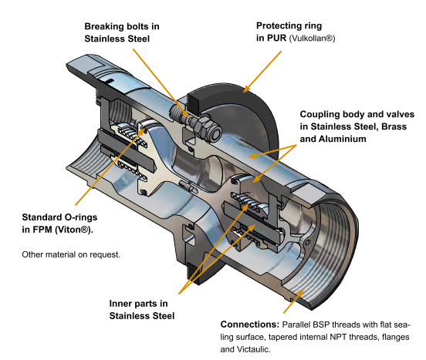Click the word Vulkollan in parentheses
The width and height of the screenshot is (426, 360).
click(x=310, y=39)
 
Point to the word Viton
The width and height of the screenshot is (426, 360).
click(x=73, y=230)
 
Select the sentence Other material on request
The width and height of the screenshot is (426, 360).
click(x=71, y=254)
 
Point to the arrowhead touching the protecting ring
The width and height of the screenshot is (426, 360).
click(x=246, y=89)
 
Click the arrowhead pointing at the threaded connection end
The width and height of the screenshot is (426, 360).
click(x=299, y=294)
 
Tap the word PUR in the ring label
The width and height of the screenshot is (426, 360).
click(x=276, y=39)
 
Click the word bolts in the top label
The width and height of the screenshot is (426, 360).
click(x=139, y=26)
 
